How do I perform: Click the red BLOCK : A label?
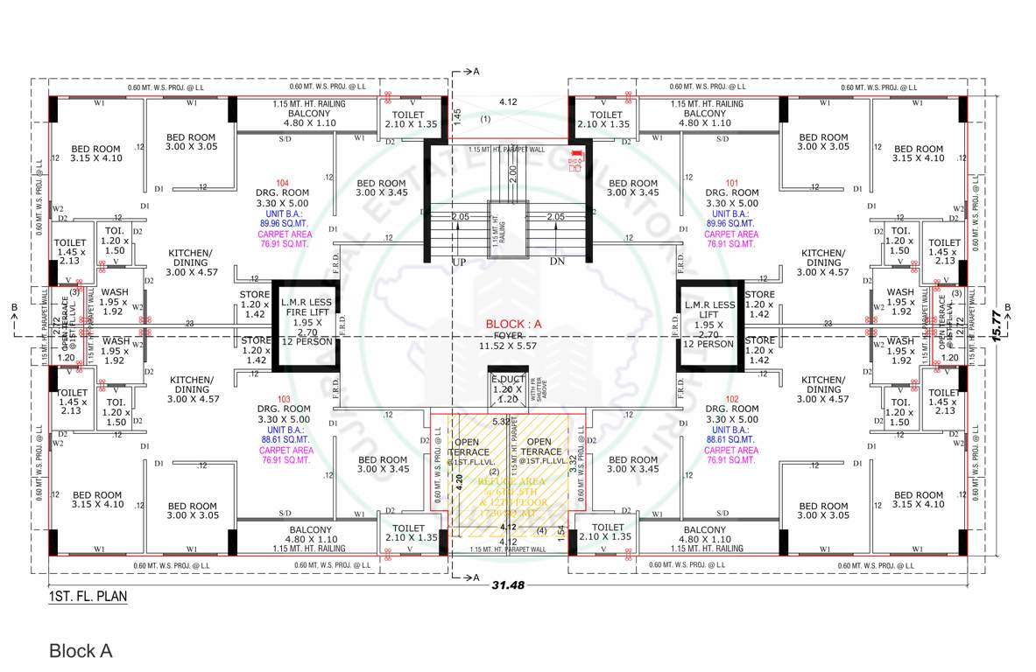point(515,324)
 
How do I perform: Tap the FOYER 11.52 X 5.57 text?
point(514,340)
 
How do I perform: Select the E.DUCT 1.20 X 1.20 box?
point(506,388)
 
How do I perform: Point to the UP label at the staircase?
point(458,262)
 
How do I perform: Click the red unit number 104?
point(283,183)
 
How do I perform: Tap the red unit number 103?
point(283,399)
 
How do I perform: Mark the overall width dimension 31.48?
point(507,584)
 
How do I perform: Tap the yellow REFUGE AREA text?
point(511,481)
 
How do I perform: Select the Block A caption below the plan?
point(81,651)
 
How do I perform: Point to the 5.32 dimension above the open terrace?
point(501,421)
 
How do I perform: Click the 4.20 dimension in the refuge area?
point(457,481)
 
